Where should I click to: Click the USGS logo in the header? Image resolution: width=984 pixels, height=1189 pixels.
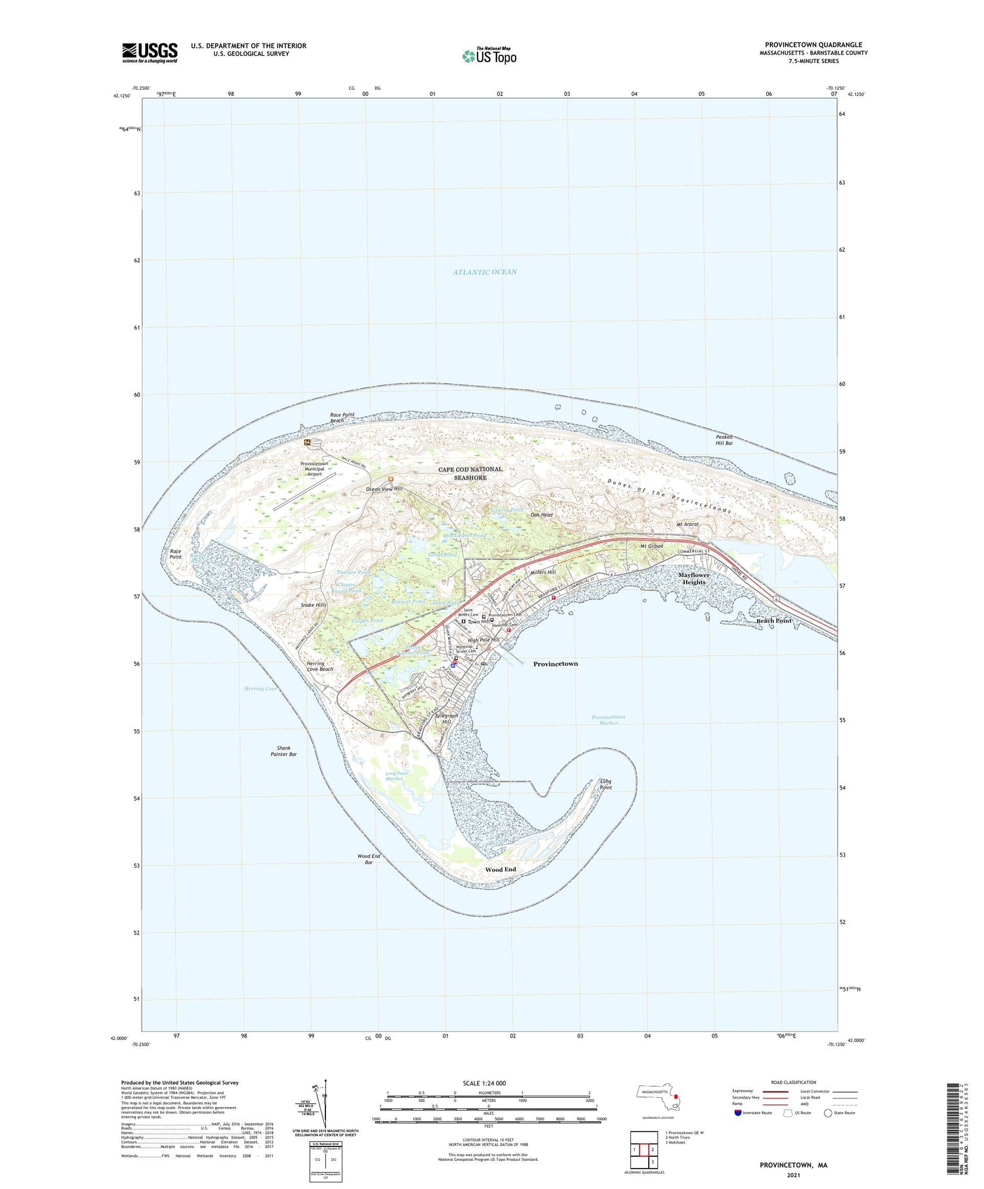pyautogui.click(x=150, y=52)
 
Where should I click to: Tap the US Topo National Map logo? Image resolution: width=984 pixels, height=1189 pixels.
pyautogui.click(x=489, y=56)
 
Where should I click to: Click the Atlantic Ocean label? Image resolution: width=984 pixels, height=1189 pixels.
pyautogui.click(x=485, y=272)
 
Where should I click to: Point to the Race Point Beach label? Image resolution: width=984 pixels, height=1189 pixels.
pyautogui.click(x=341, y=418)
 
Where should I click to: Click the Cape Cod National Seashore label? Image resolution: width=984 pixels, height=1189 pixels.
pyautogui.click(x=470, y=474)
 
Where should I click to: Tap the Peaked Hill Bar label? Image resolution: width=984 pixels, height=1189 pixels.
pyautogui.click(x=724, y=440)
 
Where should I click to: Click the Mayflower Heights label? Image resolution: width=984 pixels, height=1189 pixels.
pyautogui.click(x=694, y=578)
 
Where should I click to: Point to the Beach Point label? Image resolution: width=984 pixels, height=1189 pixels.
pyautogui.click(x=774, y=620)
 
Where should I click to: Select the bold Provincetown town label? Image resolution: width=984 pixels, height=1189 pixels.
pyautogui.click(x=555, y=664)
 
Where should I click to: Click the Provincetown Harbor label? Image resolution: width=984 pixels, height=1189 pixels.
pyautogui.click(x=608, y=720)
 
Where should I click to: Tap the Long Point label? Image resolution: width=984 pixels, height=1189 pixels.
pyautogui.click(x=605, y=784)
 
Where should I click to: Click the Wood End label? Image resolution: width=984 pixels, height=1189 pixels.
pyautogui.click(x=500, y=870)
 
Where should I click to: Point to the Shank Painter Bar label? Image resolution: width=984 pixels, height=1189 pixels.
pyautogui.click(x=283, y=752)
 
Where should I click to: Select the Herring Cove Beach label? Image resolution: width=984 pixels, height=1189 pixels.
pyautogui.click(x=319, y=666)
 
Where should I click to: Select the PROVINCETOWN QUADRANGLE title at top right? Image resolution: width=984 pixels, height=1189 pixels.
pyautogui.click(x=813, y=45)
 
